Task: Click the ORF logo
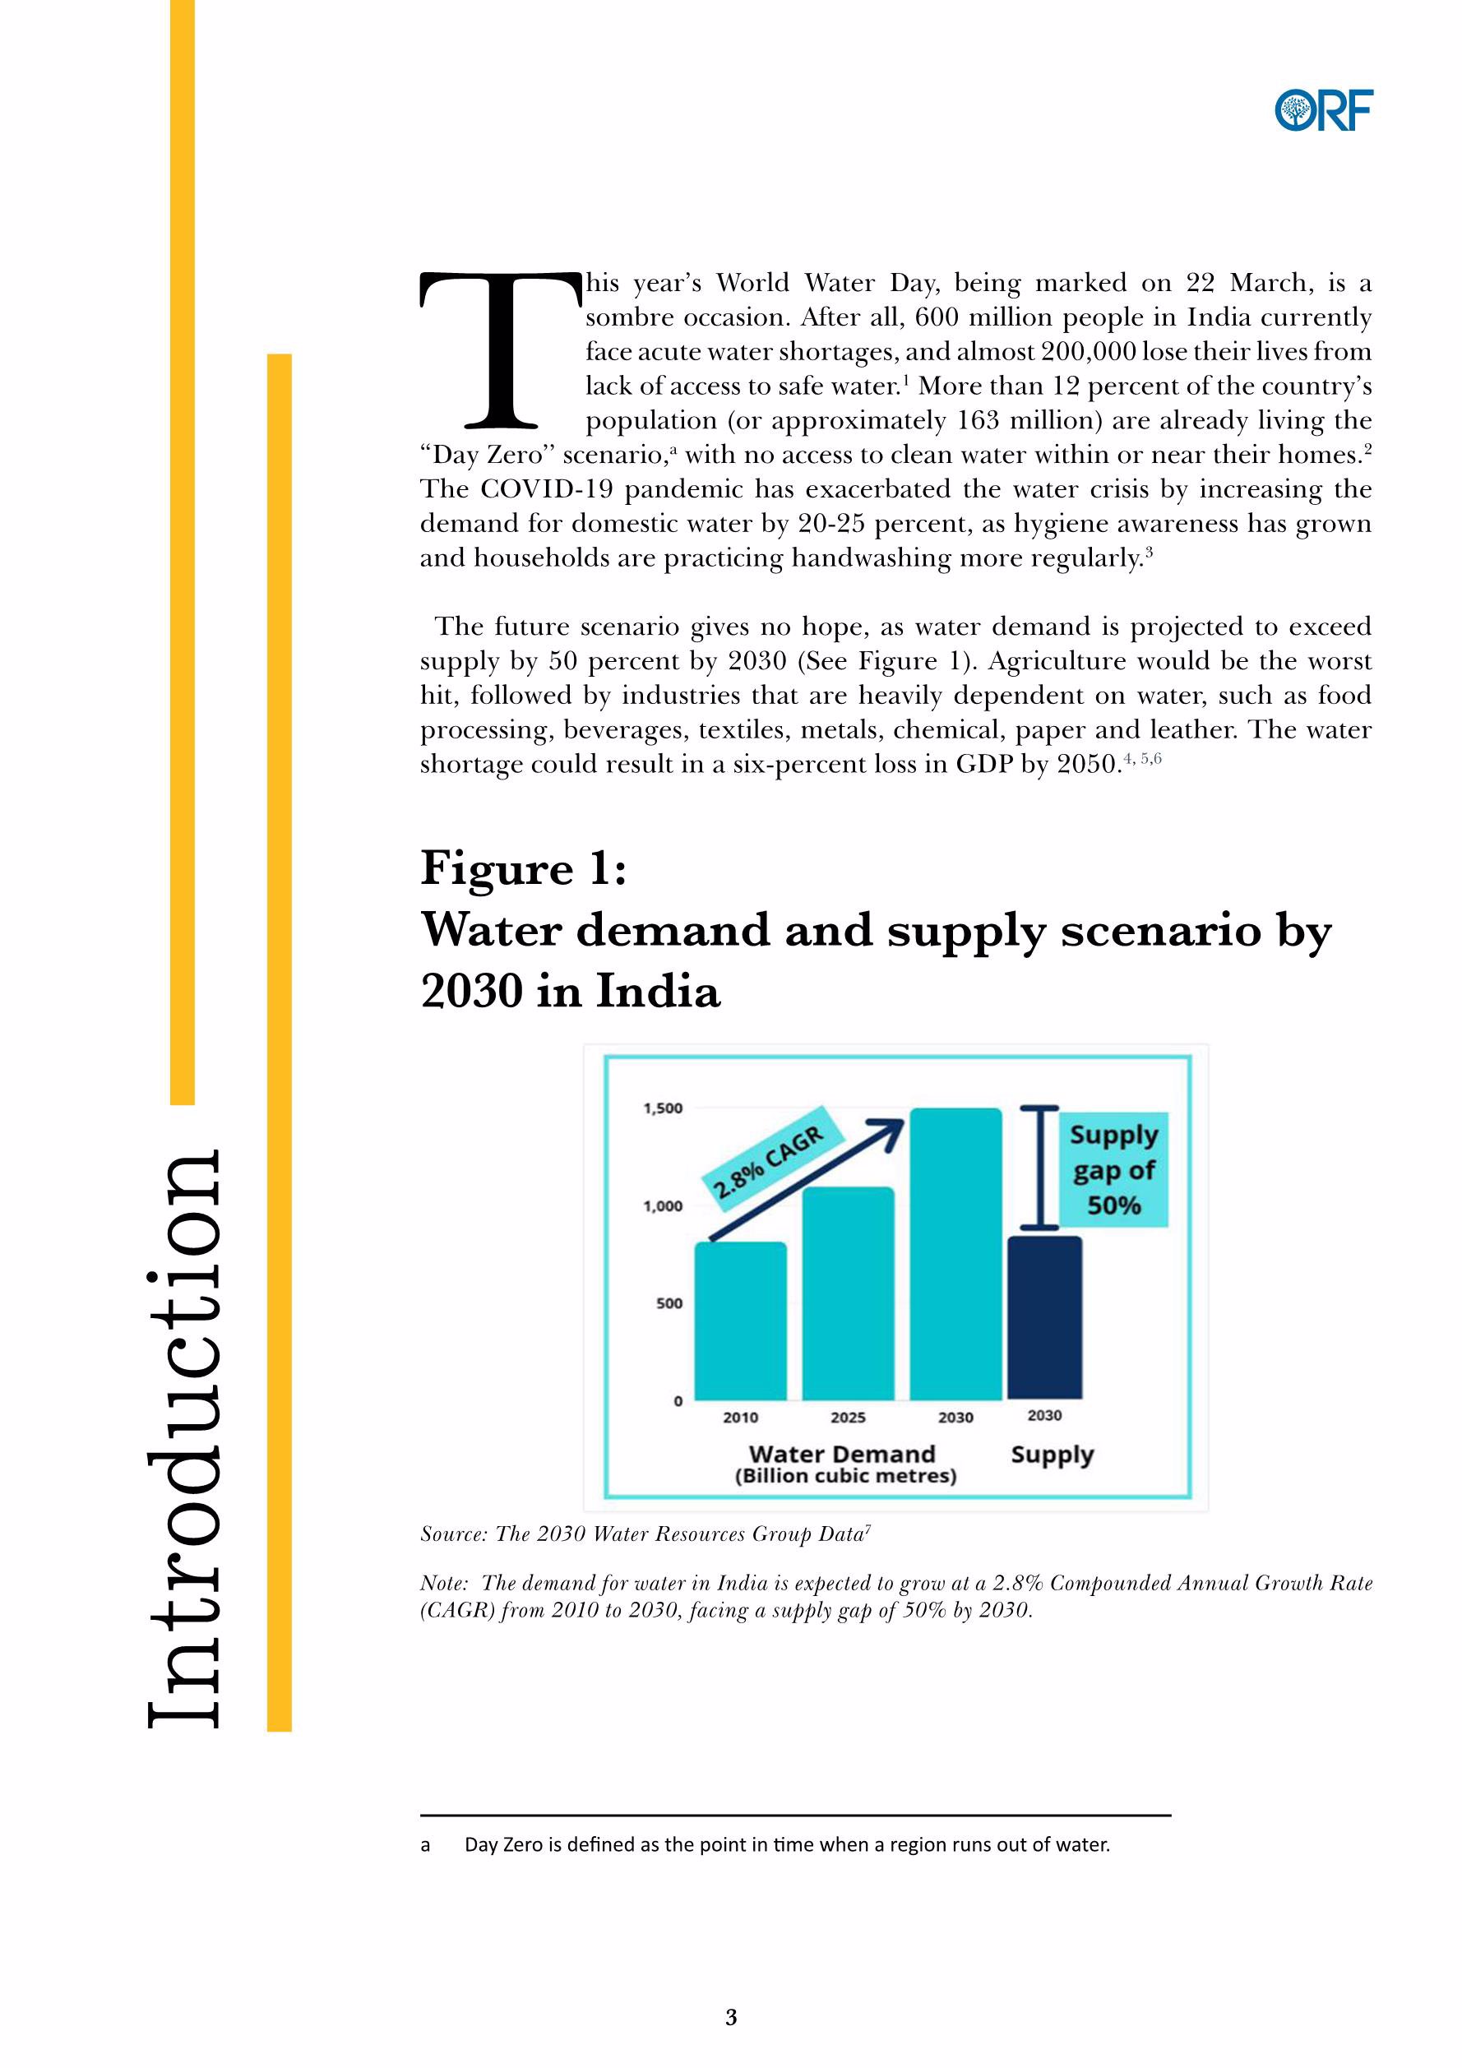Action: coord(1323,111)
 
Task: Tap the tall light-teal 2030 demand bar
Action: coord(955,1254)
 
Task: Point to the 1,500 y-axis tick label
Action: coord(662,1108)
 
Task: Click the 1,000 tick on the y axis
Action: coord(662,1206)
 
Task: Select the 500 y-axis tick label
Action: coord(669,1303)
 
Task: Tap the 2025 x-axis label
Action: coord(848,1418)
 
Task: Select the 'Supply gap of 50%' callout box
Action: coord(1113,1169)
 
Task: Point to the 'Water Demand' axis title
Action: coord(841,1454)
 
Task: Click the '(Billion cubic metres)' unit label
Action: coord(845,1476)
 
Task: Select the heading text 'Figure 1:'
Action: coord(523,869)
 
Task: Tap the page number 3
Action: coord(730,2018)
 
